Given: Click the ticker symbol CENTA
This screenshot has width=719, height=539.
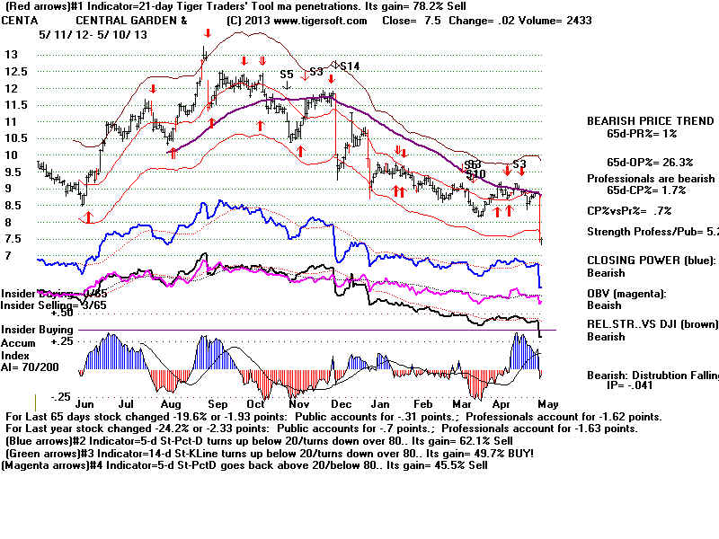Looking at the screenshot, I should [21, 20].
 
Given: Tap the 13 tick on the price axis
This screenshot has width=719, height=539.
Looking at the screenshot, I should [12, 54].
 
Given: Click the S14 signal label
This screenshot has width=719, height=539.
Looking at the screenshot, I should [350, 66].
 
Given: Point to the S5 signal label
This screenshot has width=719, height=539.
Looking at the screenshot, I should [287, 75].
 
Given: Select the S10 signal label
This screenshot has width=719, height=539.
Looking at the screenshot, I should [475, 173].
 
